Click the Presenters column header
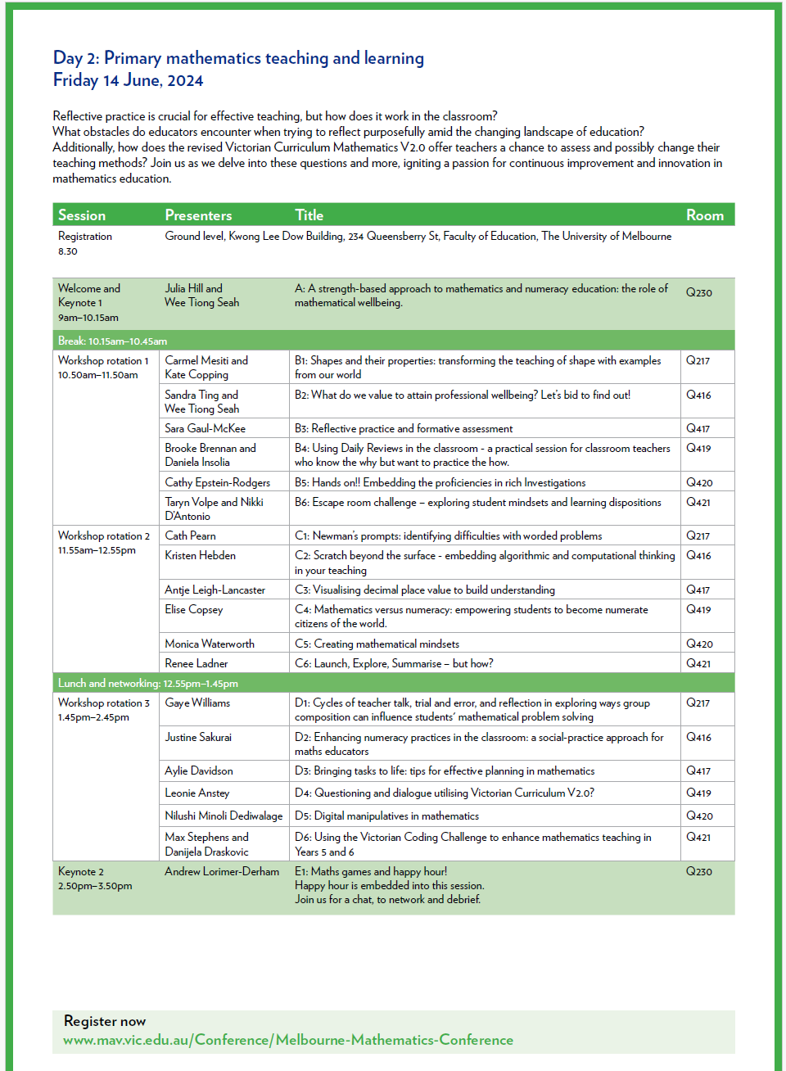[198, 215]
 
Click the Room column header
[704, 215]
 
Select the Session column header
[82, 215]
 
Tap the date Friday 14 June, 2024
[129, 80]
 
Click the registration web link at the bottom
[288, 1040]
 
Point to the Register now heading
[105, 1021]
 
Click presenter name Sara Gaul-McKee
[205, 428]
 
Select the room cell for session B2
[698, 395]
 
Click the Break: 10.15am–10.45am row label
[112, 341]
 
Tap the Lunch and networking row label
[147, 683]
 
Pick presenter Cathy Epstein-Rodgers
[217, 482]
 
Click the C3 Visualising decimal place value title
[424, 590]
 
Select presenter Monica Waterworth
[210, 644]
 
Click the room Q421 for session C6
[698, 663]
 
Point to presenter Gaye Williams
[197, 703]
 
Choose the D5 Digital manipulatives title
[386, 816]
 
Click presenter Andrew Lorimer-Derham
[222, 871]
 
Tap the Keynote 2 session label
[81, 871]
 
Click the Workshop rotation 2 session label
[103, 535]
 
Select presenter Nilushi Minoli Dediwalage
[224, 816]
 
